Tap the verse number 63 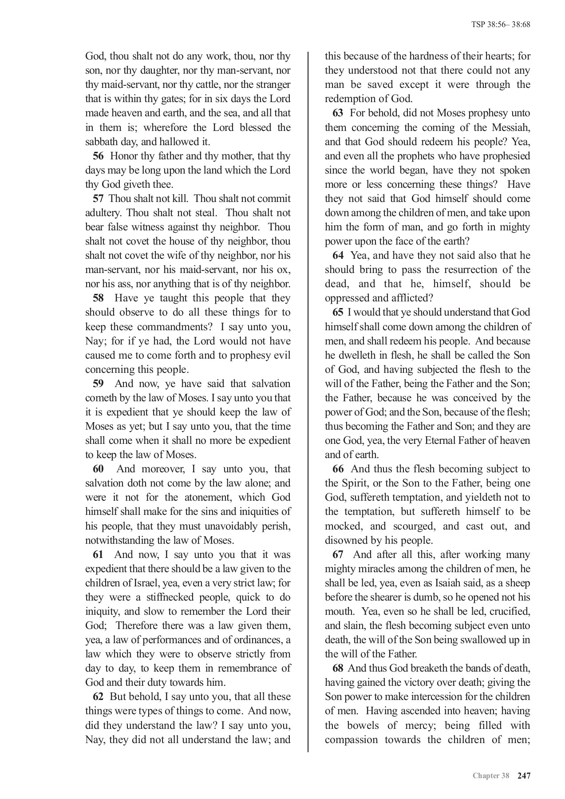coord(338,113)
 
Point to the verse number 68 coord(337,668)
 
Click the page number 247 coord(524,775)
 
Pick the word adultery coord(104,213)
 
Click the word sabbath coord(99,142)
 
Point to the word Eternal coord(444,441)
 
